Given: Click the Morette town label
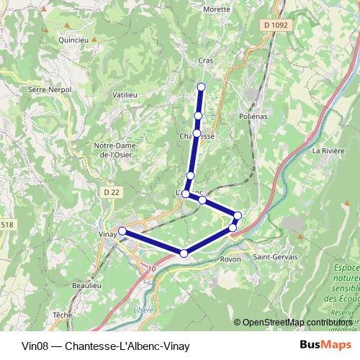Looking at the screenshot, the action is coord(217,9).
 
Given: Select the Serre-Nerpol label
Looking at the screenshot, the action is coord(48,89).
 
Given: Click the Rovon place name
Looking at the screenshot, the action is coord(230,259).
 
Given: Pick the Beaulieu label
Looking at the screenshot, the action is coord(86,286).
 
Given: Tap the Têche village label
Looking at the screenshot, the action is coord(63,315).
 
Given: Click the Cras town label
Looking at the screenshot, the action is coord(206,61).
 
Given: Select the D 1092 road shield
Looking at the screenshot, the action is coord(275,26).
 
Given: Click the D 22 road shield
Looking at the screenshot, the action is coord(110,192).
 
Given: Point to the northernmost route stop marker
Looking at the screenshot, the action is coord(202,87).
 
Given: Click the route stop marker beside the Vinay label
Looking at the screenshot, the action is coord(122,231).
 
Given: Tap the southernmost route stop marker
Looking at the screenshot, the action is coord(184,253).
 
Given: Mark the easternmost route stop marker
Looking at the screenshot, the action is coord(238,215).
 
